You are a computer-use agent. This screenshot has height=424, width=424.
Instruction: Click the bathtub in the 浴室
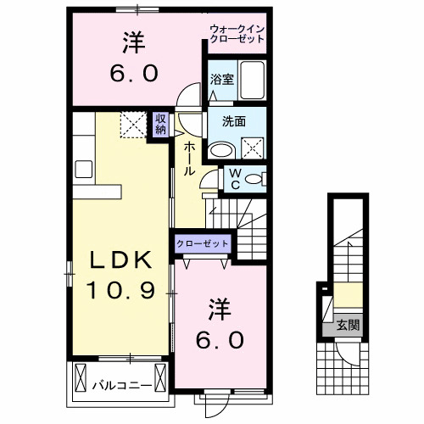[250, 81]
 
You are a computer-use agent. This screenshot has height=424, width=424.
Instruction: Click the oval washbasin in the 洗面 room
[221, 151]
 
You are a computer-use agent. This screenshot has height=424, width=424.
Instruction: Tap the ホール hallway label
[188, 159]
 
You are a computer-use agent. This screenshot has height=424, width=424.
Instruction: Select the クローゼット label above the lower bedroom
[204, 243]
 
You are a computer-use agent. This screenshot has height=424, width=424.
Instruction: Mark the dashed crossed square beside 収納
[132, 126]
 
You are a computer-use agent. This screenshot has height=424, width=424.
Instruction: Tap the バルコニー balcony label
[122, 386]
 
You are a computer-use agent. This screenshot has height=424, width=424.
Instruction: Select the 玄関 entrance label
[348, 323]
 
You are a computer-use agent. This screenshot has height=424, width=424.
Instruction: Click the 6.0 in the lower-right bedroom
[223, 340]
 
